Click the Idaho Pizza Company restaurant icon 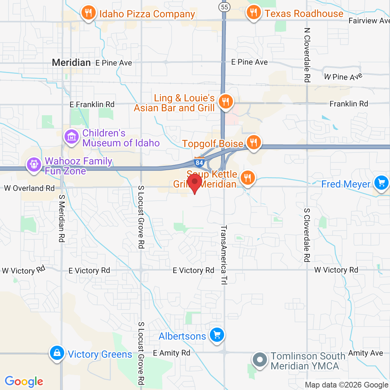pos(88,13)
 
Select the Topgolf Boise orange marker pos(253,143)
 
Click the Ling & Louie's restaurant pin pos(225,102)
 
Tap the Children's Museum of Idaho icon pos(72,136)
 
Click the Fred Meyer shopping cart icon pos(381,183)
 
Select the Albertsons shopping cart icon pos(217,335)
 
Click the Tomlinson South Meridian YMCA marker pos(260,360)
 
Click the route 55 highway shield pos(224,7)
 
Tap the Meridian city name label pos(71,63)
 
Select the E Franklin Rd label pos(92,104)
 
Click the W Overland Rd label pos(29,188)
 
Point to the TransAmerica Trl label pos(223,255)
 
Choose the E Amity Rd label pos(172,353)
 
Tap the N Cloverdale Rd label pos(307,55)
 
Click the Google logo pos(24,381)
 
